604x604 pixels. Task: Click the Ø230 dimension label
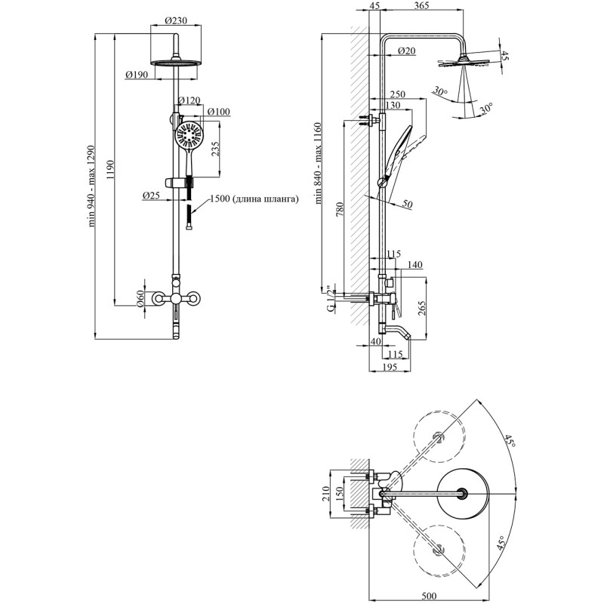176,20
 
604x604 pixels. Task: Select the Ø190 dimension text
137,74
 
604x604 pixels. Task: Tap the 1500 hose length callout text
254,199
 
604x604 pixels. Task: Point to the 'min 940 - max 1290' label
91,186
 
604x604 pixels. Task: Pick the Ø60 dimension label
140,299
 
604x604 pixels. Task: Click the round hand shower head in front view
189,135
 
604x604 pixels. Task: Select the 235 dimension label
215,149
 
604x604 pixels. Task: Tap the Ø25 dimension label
151,196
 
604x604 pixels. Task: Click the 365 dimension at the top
422,5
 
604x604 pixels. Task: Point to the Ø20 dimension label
406,51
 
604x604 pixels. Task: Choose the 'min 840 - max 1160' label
318,163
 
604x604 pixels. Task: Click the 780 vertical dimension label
340,210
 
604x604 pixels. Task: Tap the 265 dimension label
421,309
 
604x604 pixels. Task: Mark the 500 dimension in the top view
428,596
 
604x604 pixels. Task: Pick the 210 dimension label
326,493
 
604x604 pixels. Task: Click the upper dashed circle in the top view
439,436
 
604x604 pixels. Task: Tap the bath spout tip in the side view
409,337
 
